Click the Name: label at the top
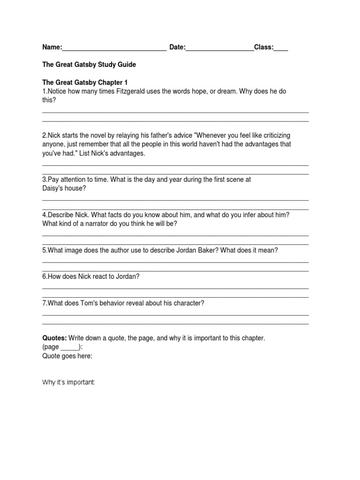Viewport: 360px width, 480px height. click(52, 47)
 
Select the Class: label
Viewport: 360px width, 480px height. click(264, 47)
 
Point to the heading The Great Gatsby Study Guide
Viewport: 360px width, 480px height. click(89, 64)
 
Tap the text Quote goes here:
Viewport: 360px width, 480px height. click(67, 356)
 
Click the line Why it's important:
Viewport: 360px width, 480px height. click(68, 383)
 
